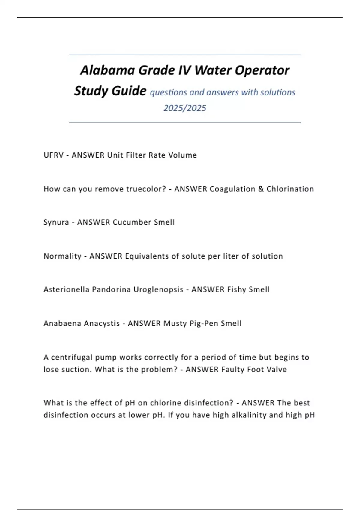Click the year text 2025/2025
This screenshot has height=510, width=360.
click(185, 108)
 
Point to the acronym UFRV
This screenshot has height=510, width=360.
click(53, 155)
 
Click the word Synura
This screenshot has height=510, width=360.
click(56, 223)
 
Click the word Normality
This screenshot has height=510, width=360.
click(62, 256)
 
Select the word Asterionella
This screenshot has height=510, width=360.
click(66, 289)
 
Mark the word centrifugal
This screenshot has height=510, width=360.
click(72, 358)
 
